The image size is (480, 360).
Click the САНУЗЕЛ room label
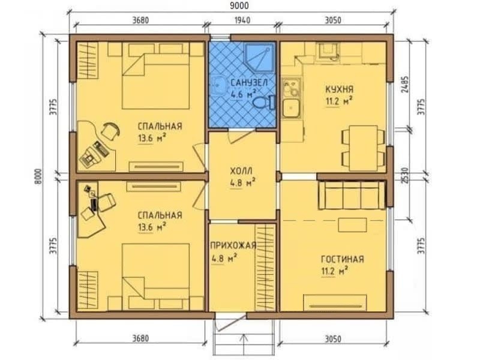click(x=249, y=82)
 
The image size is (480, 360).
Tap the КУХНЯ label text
click(x=339, y=89)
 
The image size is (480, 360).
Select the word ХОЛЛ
click(x=241, y=171)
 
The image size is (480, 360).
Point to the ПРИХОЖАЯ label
click(x=233, y=245)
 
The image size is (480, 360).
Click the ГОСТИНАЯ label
click(x=343, y=259)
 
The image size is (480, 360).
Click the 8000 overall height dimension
click(x=38, y=176)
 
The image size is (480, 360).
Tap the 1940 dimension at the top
click(x=242, y=20)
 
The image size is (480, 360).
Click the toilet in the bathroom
click(x=265, y=102)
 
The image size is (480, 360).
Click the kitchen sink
click(x=291, y=108)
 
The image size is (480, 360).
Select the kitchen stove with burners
click(x=291, y=86)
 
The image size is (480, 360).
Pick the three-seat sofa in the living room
click(x=352, y=195)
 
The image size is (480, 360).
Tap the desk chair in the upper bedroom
click(x=110, y=131)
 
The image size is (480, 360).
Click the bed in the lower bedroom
click(x=155, y=277)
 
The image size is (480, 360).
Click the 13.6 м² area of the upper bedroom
click(x=152, y=139)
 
